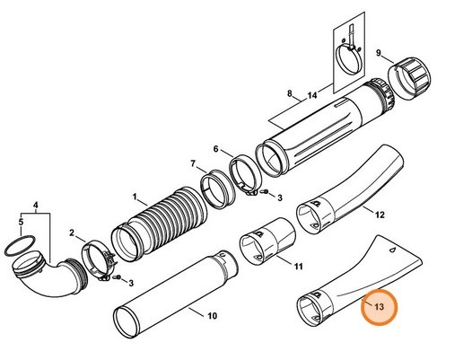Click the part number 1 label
pos(135,196)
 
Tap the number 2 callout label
pos(72,233)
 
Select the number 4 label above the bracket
pos(36,207)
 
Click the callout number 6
pos(215,148)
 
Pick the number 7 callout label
pos(192,163)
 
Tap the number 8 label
pos(289,93)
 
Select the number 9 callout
pos(380,53)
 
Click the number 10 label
pos(212,316)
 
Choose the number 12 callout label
pos(380,215)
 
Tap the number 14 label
pos(311,93)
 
